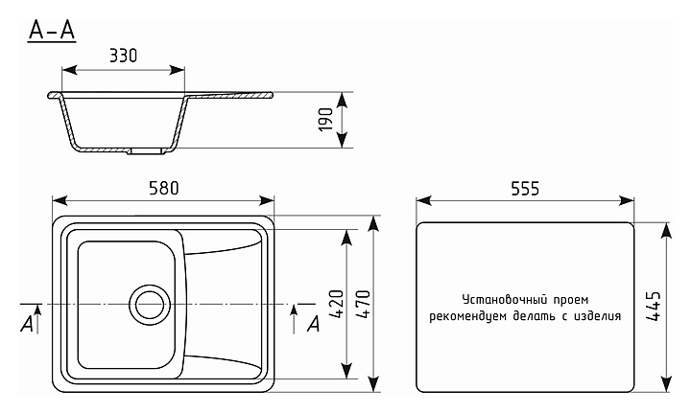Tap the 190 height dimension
tap(325, 120)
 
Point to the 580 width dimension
tap(164, 188)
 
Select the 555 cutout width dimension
tap(524, 188)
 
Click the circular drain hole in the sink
tap(149, 304)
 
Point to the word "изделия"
tap(596, 315)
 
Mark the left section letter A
tap(26, 326)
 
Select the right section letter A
tap(312, 326)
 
